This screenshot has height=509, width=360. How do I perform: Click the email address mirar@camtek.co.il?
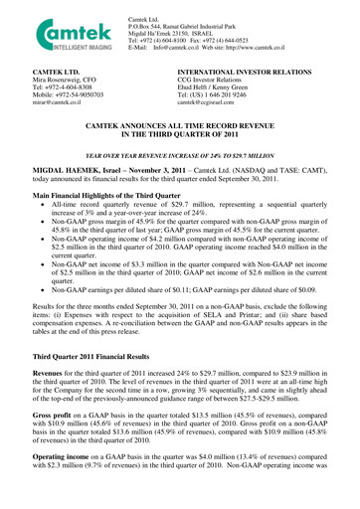click(x=37, y=102)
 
